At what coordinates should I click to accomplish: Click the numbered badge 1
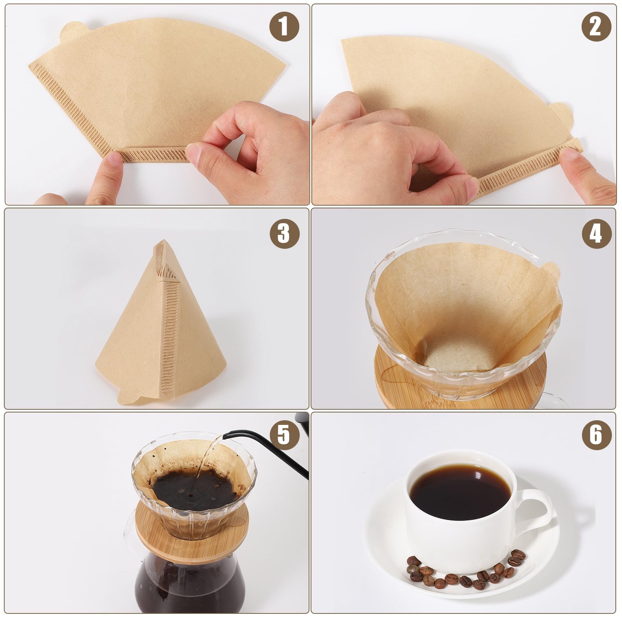284,27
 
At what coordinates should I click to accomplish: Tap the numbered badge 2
596,27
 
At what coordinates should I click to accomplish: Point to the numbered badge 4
596,234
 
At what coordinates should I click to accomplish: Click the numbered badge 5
284,434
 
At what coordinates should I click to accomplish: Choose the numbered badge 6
596,434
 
